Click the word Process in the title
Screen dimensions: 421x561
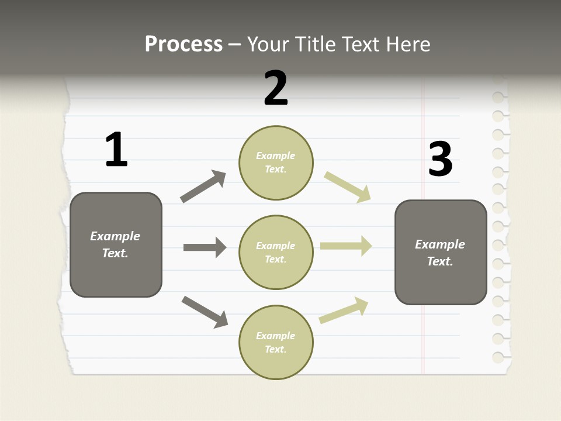(x=183, y=44)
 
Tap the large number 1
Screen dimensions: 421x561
(x=116, y=150)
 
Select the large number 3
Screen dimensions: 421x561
(x=440, y=159)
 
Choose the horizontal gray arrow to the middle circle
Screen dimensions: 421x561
(x=205, y=247)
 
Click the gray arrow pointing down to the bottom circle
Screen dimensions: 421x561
(x=205, y=312)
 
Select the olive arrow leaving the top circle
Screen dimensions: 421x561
(x=348, y=187)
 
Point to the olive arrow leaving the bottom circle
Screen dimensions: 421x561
(x=344, y=310)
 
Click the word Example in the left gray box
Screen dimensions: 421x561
(x=115, y=236)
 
